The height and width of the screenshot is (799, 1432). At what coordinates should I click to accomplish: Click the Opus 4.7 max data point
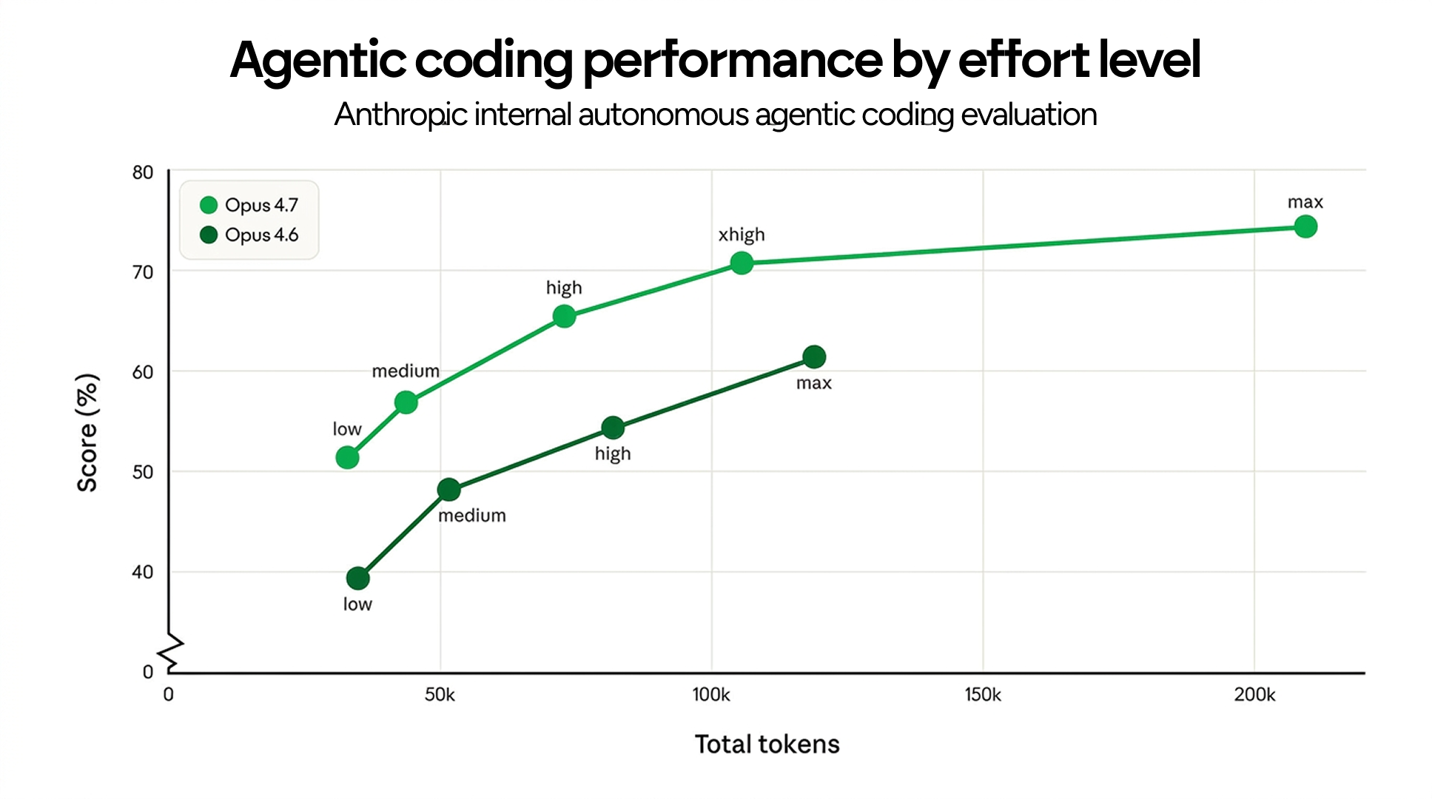[x=1305, y=226]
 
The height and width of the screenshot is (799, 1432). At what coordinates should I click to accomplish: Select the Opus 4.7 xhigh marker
[x=742, y=263]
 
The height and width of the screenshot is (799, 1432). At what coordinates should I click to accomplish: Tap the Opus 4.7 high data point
[x=564, y=317]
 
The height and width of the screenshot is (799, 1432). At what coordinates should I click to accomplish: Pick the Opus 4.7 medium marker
[x=406, y=402]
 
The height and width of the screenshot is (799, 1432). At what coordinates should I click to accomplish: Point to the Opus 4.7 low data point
[x=347, y=458]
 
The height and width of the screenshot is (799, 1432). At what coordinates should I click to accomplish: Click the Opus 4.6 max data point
[x=814, y=357]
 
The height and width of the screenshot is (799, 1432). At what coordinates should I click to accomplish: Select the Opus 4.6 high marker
[x=613, y=428]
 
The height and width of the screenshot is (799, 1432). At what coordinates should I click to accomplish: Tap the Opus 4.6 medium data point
[x=448, y=490]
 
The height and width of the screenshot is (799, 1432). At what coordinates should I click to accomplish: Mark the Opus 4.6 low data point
[x=357, y=578]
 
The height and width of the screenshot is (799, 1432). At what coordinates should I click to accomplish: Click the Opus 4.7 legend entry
[x=249, y=205]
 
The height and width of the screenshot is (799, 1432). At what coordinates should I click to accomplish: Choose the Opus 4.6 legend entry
[x=249, y=235]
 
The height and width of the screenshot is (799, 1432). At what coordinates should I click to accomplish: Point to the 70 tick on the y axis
[x=143, y=272]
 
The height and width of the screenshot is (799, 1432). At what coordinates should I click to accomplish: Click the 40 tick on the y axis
[x=143, y=572]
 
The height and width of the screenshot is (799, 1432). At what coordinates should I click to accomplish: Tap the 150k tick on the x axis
[x=983, y=695]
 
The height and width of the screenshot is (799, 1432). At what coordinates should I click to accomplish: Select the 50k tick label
[x=440, y=695]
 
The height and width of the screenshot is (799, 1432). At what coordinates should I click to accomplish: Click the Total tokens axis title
[x=767, y=744]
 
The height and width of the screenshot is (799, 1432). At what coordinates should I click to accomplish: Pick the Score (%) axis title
[x=87, y=433]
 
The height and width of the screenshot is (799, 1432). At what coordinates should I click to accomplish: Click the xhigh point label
[x=742, y=235]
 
